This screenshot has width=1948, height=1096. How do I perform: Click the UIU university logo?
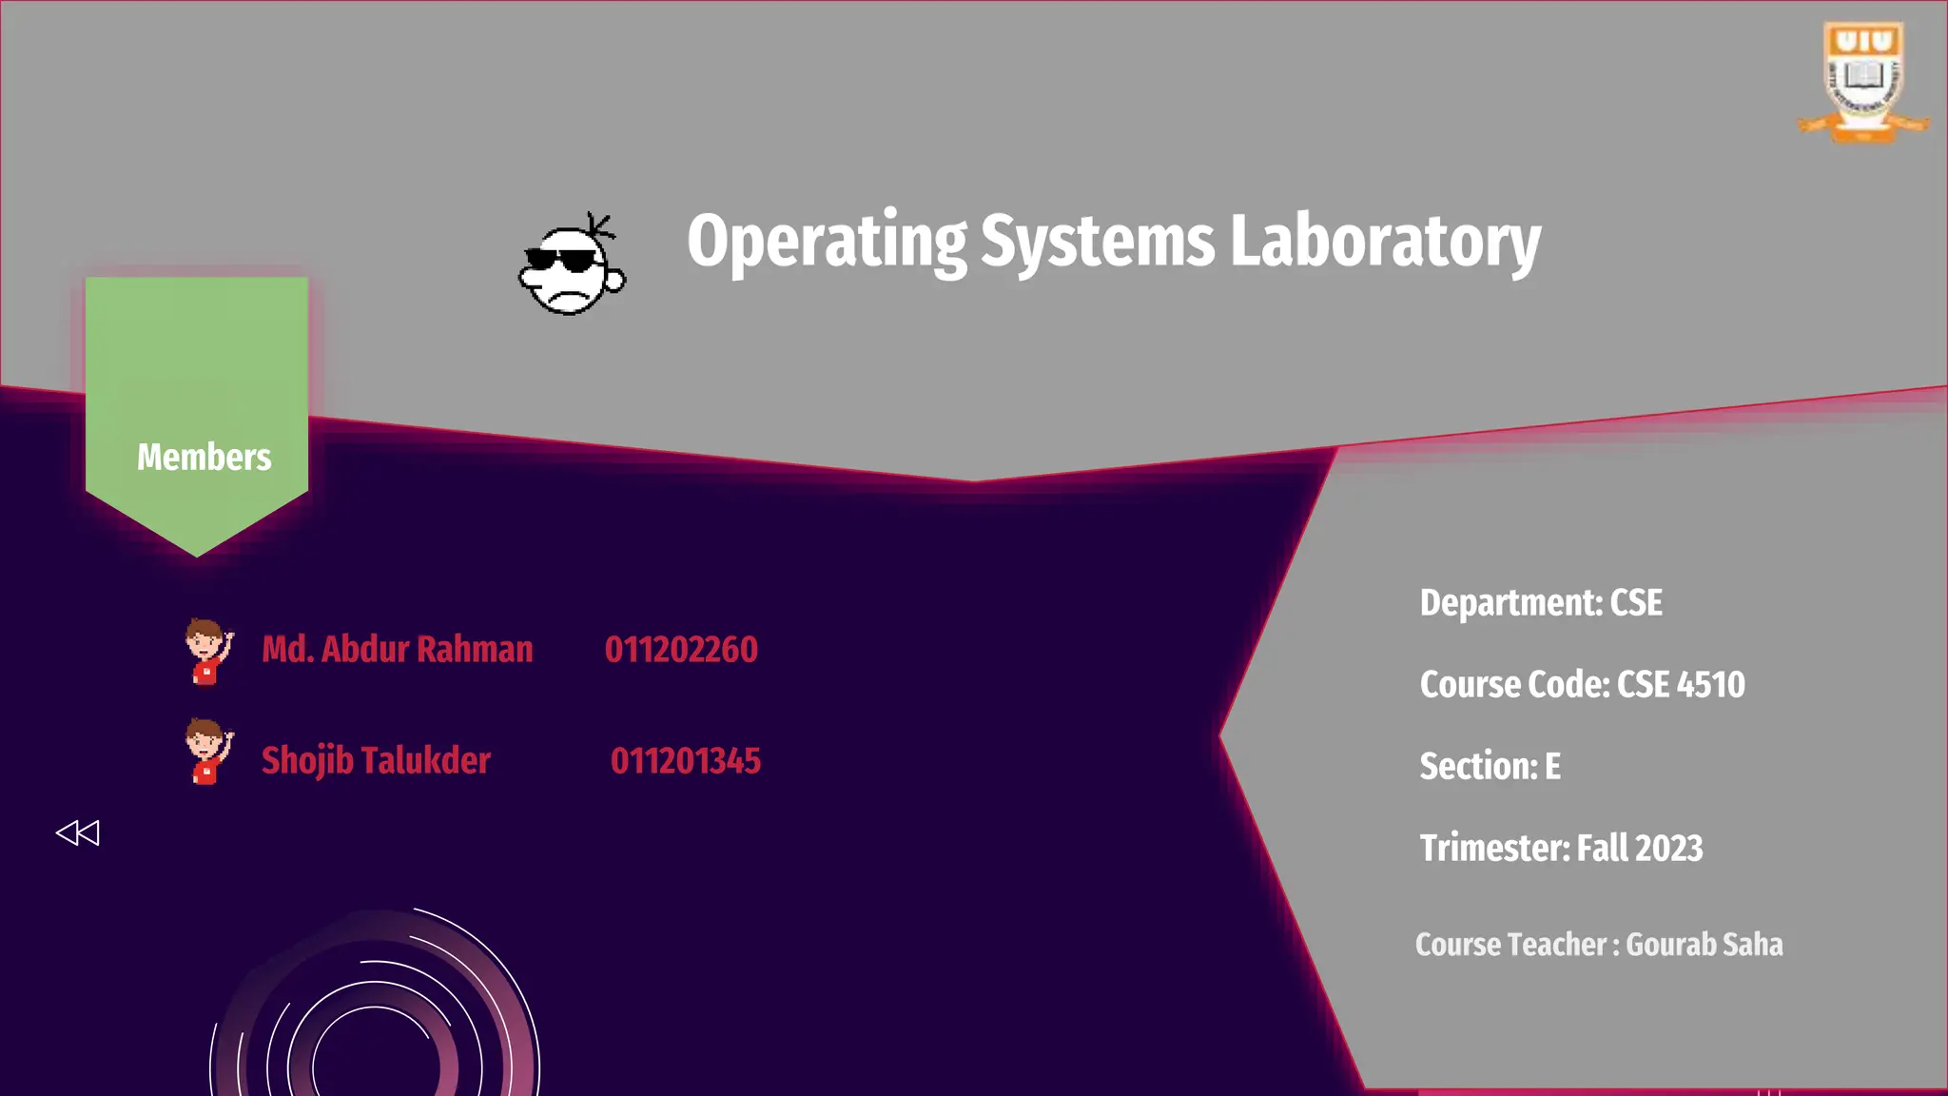click(x=1862, y=82)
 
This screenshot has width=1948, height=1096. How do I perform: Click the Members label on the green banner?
click(x=204, y=458)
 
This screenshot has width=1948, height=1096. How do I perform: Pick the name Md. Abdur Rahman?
click(x=397, y=650)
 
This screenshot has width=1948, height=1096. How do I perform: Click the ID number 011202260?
click(x=681, y=650)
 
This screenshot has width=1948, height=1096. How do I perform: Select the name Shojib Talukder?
click(x=376, y=761)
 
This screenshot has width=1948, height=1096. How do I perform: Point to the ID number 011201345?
click(x=685, y=761)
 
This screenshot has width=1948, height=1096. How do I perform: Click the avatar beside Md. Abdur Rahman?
click(x=207, y=652)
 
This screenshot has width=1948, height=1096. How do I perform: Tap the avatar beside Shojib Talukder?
click(x=207, y=752)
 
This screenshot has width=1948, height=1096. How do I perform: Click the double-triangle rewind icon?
click(x=77, y=833)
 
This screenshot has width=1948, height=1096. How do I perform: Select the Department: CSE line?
click(x=1541, y=603)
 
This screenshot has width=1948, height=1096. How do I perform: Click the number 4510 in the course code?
click(x=1711, y=685)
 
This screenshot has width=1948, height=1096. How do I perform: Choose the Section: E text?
click(x=1490, y=767)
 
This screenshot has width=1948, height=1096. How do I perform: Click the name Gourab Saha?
click(x=1704, y=945)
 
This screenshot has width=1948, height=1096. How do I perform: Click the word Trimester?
click(x=1493, y=849)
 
